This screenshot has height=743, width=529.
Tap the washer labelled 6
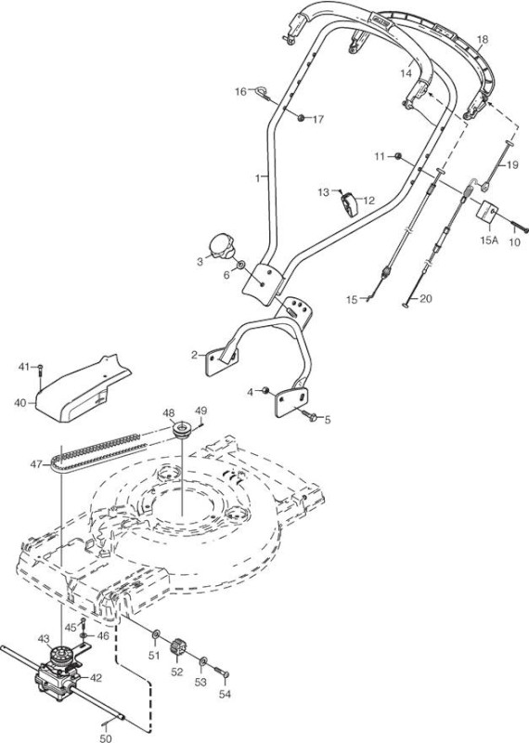(x=241, y=264)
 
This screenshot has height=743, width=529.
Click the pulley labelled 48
(x=182, y=428)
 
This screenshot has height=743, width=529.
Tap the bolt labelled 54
(x=221, y=671)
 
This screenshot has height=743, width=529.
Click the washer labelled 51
(x=156, y=634)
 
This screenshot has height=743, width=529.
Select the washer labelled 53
(x=202, y=661)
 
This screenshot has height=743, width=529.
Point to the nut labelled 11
(x=398, y=156)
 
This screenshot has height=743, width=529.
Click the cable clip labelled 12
(x=350, y=203)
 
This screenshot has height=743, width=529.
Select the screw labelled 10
(x=519, y=226)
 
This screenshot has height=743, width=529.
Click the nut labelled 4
(x=265, y=390)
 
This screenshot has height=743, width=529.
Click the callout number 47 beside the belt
(x=36, y=464)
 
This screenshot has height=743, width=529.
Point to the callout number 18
(x=482, y=39)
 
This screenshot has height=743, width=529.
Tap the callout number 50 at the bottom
(x=106, y=737)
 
